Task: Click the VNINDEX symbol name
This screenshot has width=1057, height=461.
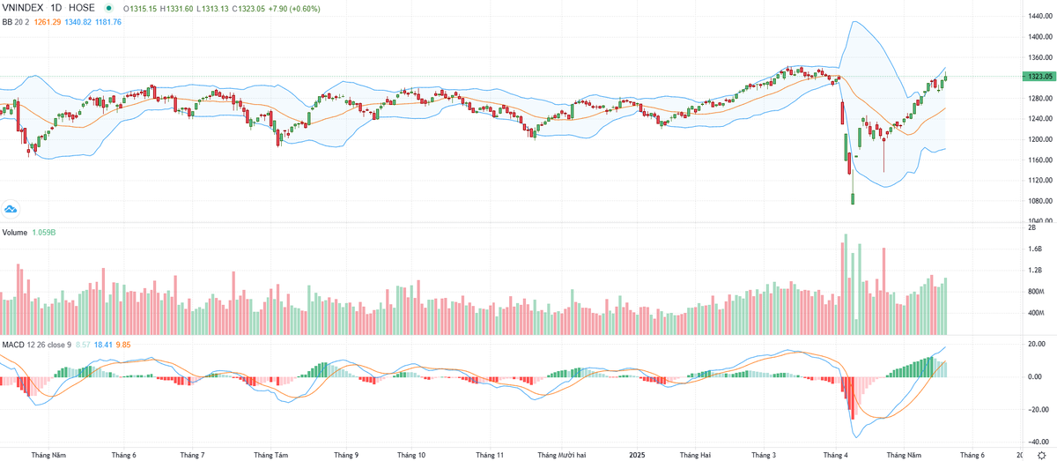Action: (24, 9)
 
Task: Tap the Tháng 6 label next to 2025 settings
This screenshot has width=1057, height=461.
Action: (972, 455)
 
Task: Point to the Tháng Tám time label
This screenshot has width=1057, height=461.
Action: (270, 455)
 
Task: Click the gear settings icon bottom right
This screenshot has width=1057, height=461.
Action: (1041, 455)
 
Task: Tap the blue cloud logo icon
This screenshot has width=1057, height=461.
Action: (11, 209)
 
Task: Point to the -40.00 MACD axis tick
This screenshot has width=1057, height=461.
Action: (1039, 442)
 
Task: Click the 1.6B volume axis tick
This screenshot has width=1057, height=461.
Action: (1037, 249)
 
